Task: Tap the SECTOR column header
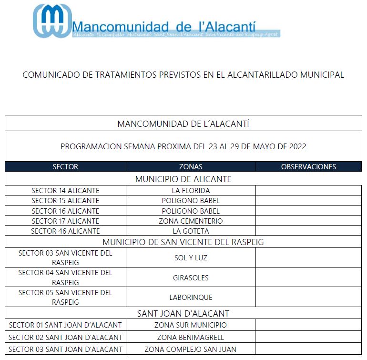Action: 65,167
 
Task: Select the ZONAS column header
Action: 191,167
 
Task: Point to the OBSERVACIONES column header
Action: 308,167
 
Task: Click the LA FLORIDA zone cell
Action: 191,191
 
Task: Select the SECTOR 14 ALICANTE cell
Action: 65,191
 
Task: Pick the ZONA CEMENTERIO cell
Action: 191,221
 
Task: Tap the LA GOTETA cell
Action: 191,231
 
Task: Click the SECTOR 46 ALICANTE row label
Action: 65,231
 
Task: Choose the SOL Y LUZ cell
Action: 191,258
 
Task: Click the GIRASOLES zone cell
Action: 191,278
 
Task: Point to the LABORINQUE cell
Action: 191,298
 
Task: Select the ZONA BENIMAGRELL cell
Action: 191,338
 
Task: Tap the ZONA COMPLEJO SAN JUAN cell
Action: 191,350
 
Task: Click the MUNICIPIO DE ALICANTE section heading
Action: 183,179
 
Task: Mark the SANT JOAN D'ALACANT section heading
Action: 183,314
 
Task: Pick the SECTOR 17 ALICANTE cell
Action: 65,221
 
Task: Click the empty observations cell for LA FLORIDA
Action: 308,191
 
